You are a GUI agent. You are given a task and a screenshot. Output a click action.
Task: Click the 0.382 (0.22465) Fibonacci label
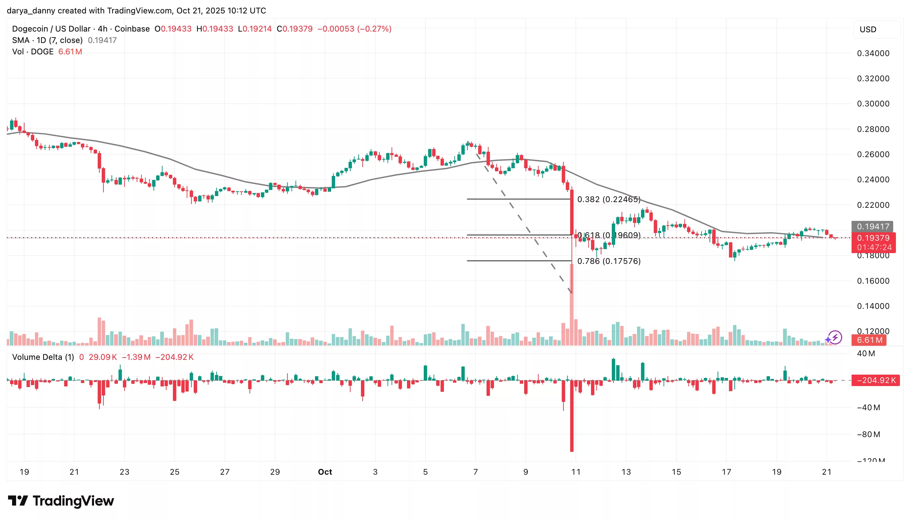[x=609, y=199]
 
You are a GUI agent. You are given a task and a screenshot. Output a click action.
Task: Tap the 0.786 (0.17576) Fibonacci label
[x=609, y=261]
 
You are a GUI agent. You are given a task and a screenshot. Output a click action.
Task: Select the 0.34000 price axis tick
[x=873, y=53]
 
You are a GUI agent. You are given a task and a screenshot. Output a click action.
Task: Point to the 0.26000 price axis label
[x=873, y=154]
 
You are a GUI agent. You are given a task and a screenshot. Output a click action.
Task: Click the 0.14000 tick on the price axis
[x=873, y=306]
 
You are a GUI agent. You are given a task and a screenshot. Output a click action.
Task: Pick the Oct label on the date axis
[x=325, y=472]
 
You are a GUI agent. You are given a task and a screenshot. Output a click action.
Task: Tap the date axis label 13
[x=626, y=472]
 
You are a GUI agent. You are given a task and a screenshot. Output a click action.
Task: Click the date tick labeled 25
[x=174, y=472]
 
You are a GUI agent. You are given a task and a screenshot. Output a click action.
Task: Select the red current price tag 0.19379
[x=873, y=238]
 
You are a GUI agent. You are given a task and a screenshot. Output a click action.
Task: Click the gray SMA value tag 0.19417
[x=873, y=227]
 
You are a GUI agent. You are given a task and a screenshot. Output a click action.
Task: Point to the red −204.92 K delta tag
[x=875, y=380]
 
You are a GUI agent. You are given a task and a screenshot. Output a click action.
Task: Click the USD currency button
[x=868, y=29]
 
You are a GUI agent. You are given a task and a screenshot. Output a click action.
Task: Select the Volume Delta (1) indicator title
[x=43, y=357]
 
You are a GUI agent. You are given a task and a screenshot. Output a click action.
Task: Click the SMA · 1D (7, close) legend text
[x=47, y=40]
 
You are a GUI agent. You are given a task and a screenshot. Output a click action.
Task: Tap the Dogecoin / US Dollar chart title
[x=51, y=29]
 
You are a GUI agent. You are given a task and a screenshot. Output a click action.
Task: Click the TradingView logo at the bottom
[x=61, y=501]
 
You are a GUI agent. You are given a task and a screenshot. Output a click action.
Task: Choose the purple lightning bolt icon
[x=835, y=337]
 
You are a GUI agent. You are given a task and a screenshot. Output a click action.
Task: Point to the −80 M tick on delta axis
[x=868, y=434]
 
